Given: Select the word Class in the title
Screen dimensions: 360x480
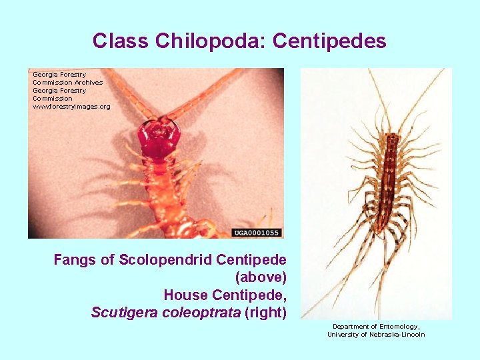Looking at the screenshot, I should [x=121, y=41].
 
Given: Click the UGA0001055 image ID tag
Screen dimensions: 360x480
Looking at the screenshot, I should [x=257, y=233].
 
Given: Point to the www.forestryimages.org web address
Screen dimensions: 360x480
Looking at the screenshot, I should [x=71, y=106].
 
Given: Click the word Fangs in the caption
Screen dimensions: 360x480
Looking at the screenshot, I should [x=74, y=259].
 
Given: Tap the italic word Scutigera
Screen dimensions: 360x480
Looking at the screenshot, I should [x=123, y=312].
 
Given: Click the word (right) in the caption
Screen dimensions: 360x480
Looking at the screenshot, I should [x=265, y=312].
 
